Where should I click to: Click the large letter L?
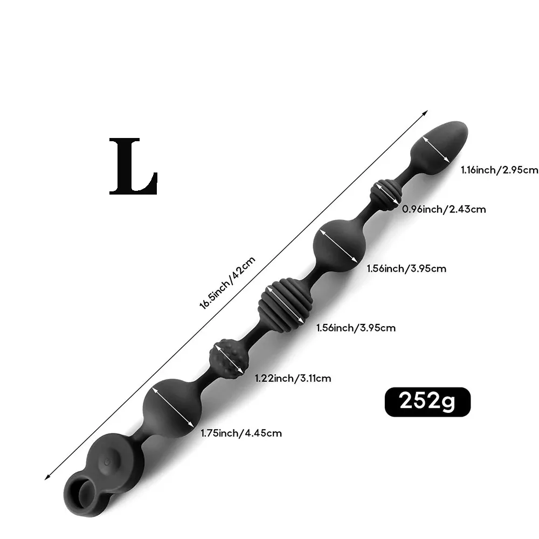click(133, 167)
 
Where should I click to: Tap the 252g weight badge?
click(427, 402)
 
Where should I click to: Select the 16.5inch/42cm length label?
click(227, 283)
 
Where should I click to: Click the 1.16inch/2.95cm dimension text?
click(500, 170)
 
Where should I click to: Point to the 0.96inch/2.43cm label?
click(444, 209)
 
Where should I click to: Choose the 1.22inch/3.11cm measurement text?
click(293, 378)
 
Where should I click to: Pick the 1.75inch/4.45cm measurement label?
click(241, 433)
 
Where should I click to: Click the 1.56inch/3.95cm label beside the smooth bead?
click(406, 268)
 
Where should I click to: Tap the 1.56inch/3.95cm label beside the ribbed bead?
click(356, 328)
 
